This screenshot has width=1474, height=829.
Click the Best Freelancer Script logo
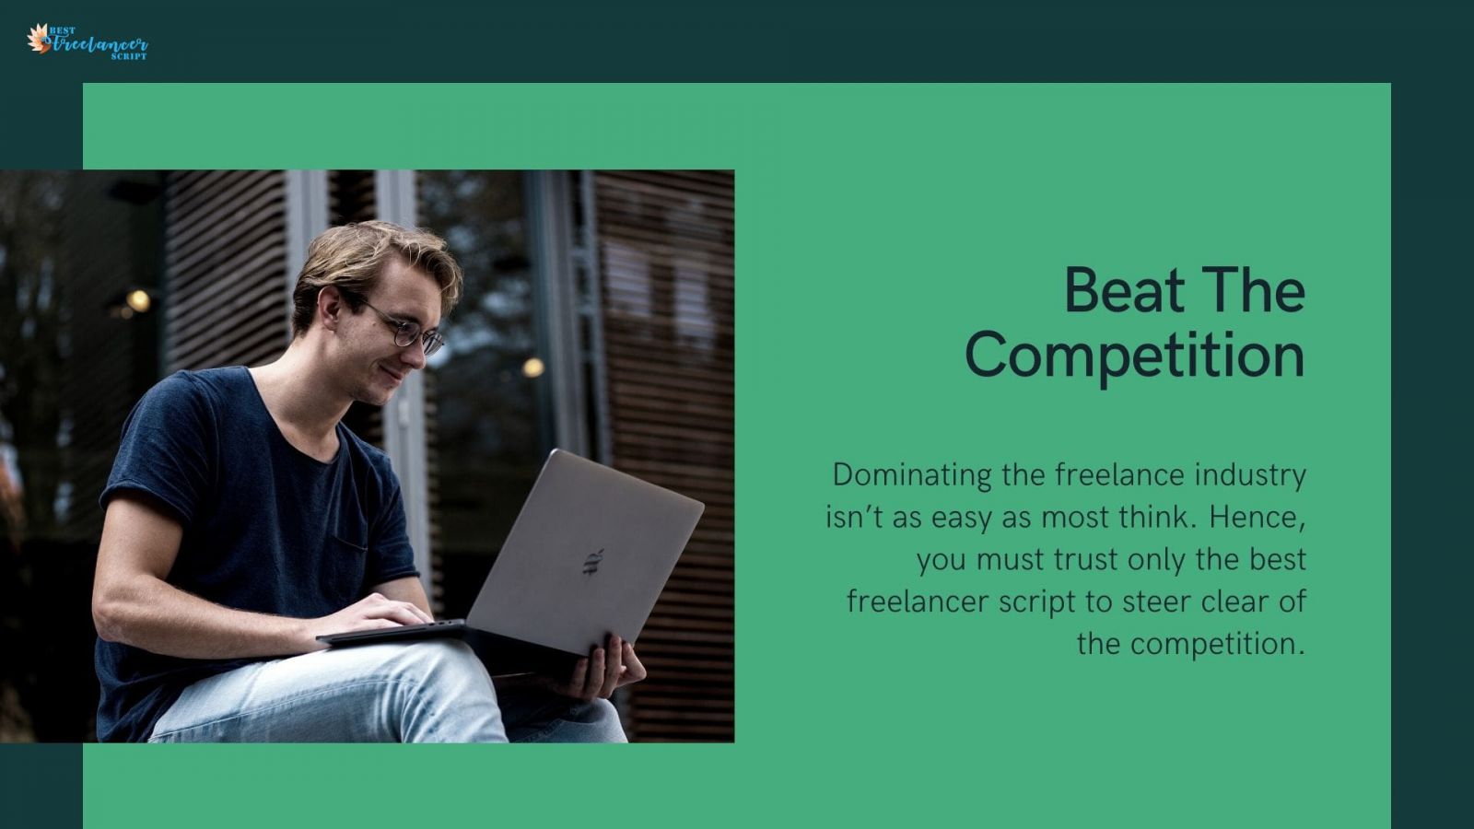[x=88, y=41]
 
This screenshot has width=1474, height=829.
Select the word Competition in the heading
[x=1134, y=356]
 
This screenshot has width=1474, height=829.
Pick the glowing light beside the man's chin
[x=532, y=368]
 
